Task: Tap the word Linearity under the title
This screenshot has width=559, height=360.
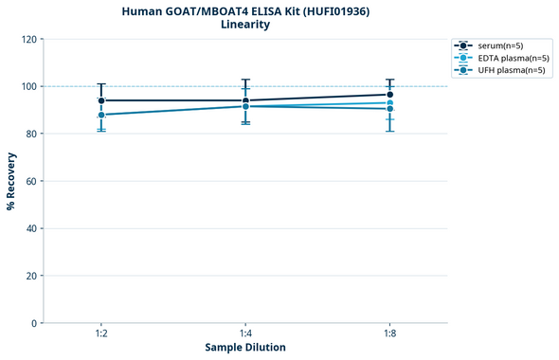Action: [245, 25]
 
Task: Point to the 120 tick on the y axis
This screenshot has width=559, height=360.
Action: [28, 39]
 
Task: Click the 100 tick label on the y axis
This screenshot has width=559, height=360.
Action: [28, 86]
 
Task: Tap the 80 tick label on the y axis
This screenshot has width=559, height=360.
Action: [31, 134]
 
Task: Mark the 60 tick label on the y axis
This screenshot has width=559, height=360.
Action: [31, 181]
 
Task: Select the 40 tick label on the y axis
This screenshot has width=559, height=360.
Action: [31, 228]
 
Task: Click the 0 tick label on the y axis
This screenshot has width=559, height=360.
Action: [34, 323]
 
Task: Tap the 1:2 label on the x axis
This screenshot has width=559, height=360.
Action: [101, 334]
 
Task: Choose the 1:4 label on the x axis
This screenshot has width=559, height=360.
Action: [245, 334]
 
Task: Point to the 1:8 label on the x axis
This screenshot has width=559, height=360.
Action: [389, 334]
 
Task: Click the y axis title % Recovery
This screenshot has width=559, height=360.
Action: [11, 181]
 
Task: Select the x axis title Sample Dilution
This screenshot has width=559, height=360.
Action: [245, 348]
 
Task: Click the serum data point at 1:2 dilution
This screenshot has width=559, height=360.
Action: [101, 100]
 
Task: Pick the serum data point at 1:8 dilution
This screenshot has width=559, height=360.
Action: [389, 95]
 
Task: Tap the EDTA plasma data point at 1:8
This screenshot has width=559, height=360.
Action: [389, 103]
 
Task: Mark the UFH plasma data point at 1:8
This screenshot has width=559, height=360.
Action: [389, 109]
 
